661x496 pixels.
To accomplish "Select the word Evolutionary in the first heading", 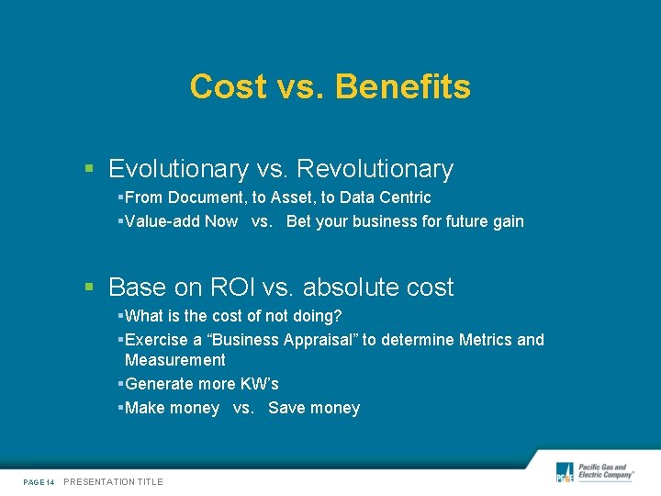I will [x=178, y=169].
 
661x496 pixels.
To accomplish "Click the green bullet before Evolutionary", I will [x=89, y=169].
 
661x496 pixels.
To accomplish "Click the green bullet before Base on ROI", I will [x=89, y=287].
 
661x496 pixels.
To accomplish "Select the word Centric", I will [x=405, y=197].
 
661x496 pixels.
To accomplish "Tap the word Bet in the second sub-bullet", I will [x=299, y=221].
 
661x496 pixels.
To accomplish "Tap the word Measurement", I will [x=174, y=360].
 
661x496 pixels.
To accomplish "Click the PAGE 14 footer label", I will [x=39, y=482].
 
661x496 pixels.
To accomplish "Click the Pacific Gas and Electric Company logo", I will [x=594, y=472].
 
